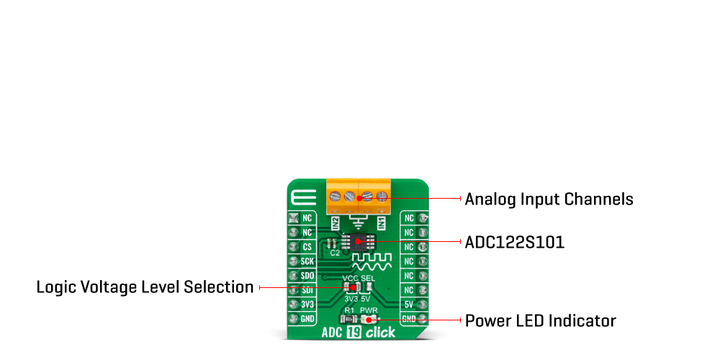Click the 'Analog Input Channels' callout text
click(549, 199)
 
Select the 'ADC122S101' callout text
click(514, 243)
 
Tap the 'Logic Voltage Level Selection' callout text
click(145, 287)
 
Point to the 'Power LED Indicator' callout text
click(540, 320)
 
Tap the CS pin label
click(307, 247)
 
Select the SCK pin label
click(307, 261)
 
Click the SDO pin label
click(307, 276)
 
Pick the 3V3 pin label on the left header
click(307, 305)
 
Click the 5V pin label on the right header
click(408, 305)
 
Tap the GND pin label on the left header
click(307, 319)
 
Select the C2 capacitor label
click(334, 253)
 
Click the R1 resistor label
click(348, 310)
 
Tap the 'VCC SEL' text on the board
click(358, 278)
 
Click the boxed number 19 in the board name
click(354, 333)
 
